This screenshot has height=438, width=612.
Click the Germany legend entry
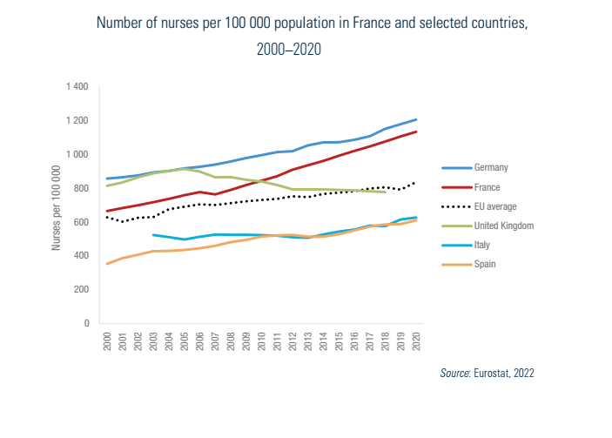pos(491,166)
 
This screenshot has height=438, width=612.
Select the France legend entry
pos(488,186)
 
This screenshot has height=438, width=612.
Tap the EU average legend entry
pos(494,206)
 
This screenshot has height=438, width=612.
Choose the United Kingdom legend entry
pos(503,225)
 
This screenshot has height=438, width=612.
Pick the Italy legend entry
pos(483,244)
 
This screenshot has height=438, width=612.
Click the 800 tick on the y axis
pos(82,188)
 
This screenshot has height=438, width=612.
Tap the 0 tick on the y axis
pos(87,323)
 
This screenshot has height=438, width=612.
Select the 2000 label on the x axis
pos(108,340)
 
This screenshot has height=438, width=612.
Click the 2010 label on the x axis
pos(262,340)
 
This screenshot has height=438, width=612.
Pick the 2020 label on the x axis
pos(416,340)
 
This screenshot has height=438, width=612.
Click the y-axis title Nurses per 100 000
pos(57,207)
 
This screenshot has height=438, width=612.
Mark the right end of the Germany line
pos(416,119)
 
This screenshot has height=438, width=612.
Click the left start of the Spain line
pos(108,264)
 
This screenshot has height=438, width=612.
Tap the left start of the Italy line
pos(153,234)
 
